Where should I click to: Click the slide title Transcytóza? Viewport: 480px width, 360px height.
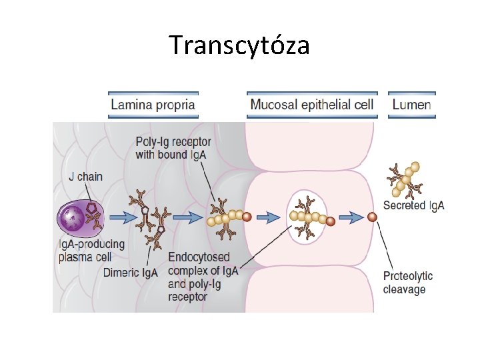239,45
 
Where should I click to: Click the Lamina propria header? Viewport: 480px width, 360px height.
153,105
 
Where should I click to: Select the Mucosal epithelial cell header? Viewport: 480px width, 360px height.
311,105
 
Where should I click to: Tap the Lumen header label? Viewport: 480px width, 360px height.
411,105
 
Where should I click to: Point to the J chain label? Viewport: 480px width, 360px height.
86,177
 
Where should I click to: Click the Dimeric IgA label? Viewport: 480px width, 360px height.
131,272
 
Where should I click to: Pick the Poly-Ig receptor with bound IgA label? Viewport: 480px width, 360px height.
173,148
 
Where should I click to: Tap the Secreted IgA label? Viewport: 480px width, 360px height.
413,206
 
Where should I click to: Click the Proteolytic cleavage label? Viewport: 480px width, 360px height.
408,282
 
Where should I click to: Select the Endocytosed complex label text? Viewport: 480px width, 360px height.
200,277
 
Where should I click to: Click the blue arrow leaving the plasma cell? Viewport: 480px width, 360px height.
121,217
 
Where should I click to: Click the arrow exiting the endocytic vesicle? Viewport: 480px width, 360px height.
350,217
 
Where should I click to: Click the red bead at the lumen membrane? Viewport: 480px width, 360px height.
372,217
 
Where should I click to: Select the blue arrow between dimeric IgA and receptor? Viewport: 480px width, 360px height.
188,217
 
